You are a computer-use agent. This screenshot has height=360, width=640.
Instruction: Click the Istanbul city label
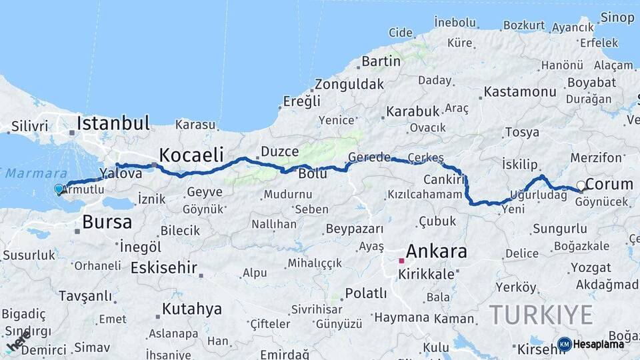pyautogui.click(x=113, y=123)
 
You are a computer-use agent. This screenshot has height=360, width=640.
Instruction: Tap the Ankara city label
pyautogui.click(x=436, y=251)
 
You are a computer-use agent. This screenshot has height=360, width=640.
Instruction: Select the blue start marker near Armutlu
pyautogui.click(x=59, y=189)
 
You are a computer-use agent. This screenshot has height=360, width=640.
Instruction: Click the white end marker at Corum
pyautogui.click(x=581, y=185)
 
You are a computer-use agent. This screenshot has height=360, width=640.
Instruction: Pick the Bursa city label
pyautogui.click(x=107, y=221)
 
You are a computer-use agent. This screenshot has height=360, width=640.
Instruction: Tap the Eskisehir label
pyautogui.click(x=164, y=268)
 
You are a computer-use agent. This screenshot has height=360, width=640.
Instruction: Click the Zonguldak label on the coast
pyautogui.click(x=349, y=85)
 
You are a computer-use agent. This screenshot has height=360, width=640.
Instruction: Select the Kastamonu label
pyautogui.click(x=520, y=91)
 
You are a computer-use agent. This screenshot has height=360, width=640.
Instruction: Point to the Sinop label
pyautogui.click(x=617, y=18)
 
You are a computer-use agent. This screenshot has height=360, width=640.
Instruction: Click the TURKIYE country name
pyautogui.click(x=541, y=314)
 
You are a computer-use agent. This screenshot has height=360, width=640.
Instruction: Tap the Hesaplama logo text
pyautogui.click(x=599, y=344)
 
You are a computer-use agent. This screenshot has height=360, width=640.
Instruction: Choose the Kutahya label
pyautogui.click(x=191, y=309)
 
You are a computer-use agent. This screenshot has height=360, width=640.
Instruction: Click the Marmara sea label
pyautogui.click(x=27, y=173)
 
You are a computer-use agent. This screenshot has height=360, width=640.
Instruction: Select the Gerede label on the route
pyautogui.click(x=369, y=157)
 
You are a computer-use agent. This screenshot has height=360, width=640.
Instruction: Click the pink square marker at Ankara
pyautogui.click(x=401, y=261)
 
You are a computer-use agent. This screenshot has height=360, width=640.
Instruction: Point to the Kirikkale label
pyautogui.click(x=426, y=274)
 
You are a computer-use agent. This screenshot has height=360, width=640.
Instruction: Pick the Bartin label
pyautogui.click(x=381, y=61)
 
